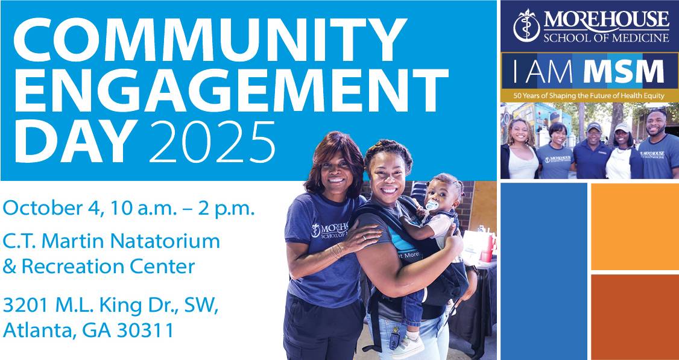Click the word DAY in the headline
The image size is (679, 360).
click(75, 141)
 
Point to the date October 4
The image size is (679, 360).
click(53, 209)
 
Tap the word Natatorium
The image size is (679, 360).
click(165, 241)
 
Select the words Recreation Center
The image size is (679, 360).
click(109, 267)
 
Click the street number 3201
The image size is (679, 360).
click(26, 305)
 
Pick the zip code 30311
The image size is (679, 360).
click(145, 331)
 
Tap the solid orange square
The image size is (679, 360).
click(635, 227)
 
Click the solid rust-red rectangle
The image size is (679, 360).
click(635, 317)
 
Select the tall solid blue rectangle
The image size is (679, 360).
click(544, 271)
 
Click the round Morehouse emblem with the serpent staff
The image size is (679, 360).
click(526, 25)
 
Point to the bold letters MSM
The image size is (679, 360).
click(624, 72)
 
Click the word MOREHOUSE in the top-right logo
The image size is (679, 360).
click(606, 20)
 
